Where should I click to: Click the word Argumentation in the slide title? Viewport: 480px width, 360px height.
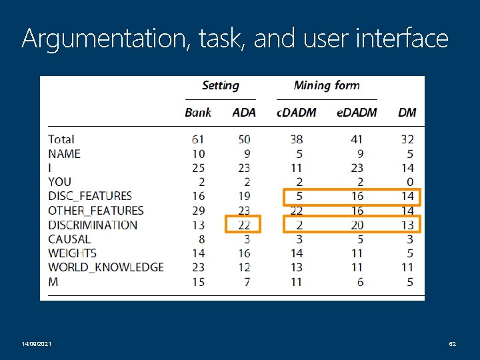[106, 39]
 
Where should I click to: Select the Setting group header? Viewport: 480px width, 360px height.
[220, 85]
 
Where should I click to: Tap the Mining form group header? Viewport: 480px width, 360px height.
[327, 85]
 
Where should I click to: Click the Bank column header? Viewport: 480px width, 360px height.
[198, 113]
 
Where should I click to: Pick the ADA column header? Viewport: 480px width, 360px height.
[244, 113]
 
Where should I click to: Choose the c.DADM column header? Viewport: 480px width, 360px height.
[297, 113]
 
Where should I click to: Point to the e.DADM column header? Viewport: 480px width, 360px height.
[357, 113]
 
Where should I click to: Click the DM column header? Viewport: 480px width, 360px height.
[407, 113]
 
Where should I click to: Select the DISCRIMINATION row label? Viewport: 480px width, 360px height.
[93, 225]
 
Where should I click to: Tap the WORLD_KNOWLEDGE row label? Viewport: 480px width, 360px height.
[105, 267]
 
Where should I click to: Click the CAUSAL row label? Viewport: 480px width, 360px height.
[69, 239]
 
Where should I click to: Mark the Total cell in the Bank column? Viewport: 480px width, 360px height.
[197, 139]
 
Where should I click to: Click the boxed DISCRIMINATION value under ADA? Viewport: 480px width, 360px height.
[244, 225]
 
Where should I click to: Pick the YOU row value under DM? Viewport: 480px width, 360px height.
[409, 182]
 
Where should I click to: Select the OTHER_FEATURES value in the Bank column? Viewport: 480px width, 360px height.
[197, 211]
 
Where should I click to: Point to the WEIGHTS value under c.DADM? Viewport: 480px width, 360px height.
[297, 253]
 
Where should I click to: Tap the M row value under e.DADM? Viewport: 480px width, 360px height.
[360, 282]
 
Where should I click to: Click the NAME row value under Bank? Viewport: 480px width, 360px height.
[197, 154]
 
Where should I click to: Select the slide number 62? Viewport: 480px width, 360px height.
[452, 343]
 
